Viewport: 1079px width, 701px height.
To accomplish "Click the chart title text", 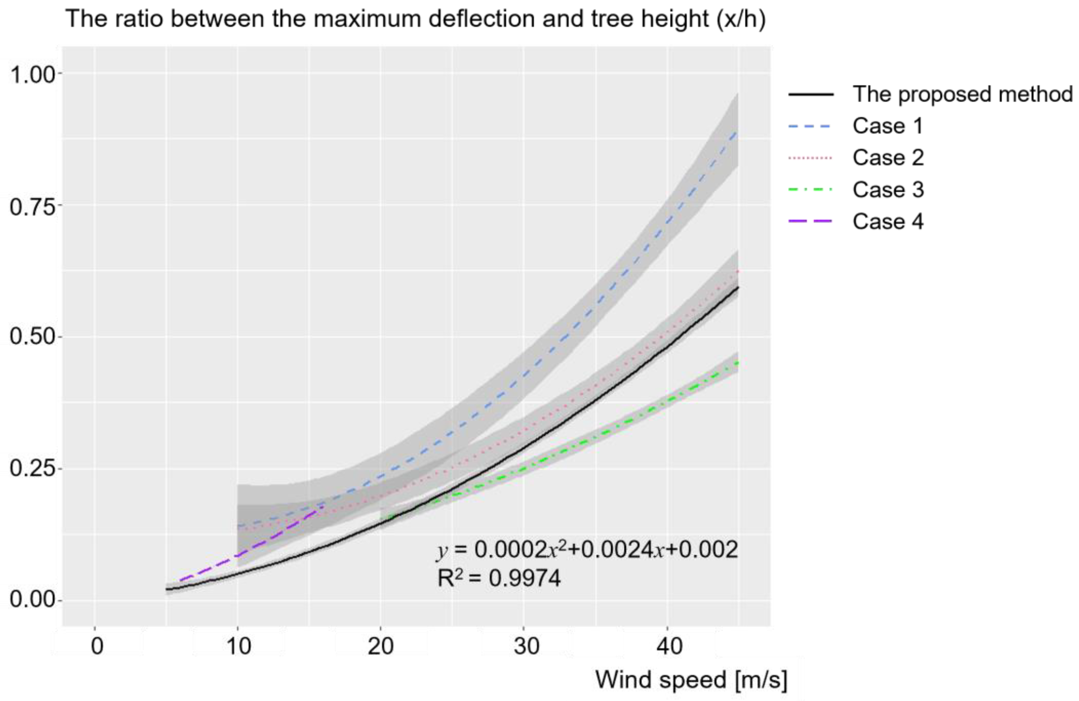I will coord(416,19).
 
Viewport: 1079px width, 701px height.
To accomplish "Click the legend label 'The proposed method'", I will coord(962,94).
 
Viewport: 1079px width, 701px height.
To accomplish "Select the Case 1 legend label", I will coord(888,126).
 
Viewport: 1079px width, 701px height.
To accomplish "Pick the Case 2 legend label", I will coord(888,158).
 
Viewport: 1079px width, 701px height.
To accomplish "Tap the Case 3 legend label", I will coord(888,189).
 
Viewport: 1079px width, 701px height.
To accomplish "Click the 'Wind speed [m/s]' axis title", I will coord(691,680).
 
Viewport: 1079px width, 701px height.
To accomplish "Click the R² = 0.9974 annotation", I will coord(499,578).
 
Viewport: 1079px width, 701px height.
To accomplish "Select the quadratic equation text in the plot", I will coord(587,550).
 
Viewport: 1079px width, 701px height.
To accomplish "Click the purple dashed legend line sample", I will coord(811,222).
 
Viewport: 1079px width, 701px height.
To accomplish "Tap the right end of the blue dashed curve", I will coord(737,133).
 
